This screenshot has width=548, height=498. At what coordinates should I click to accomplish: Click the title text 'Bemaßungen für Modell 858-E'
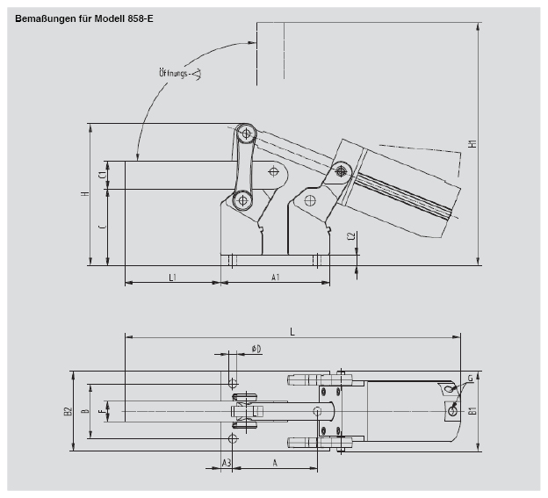coord(79,17)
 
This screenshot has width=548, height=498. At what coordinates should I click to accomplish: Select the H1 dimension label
coord(472,144)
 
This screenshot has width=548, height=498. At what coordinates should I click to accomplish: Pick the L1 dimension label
coord(173,277)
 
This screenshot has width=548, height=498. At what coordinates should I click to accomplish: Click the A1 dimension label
coord(275,277)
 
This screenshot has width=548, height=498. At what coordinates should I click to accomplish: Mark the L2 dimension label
coord(350,237)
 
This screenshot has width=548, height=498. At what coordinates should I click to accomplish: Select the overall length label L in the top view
coord(292,330)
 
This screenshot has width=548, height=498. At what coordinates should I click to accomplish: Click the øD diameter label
coord(256,349)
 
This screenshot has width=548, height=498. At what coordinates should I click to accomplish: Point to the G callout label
coord(470,379)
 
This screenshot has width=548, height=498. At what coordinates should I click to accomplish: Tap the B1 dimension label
coord(472,410)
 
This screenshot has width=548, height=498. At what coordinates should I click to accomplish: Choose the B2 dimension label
coord(67,410)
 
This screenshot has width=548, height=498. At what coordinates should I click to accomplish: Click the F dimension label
coord(102,410)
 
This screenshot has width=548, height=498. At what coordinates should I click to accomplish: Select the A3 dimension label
coord(226,462)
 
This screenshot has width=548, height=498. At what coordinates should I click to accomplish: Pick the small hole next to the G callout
coord(452,410)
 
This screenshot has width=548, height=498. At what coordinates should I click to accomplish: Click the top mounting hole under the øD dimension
coord(232,383)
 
